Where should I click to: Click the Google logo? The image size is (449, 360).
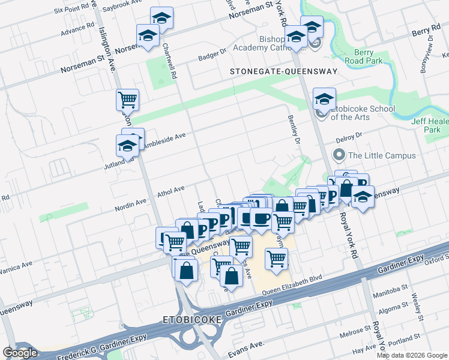[20, 353]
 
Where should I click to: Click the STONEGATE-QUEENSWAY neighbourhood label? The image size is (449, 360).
[284, 71]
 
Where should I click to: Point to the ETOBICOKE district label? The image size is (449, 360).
[192, 320]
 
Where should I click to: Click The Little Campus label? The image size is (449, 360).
[382, 155]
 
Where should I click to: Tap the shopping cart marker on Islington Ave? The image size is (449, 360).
[127, 100]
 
